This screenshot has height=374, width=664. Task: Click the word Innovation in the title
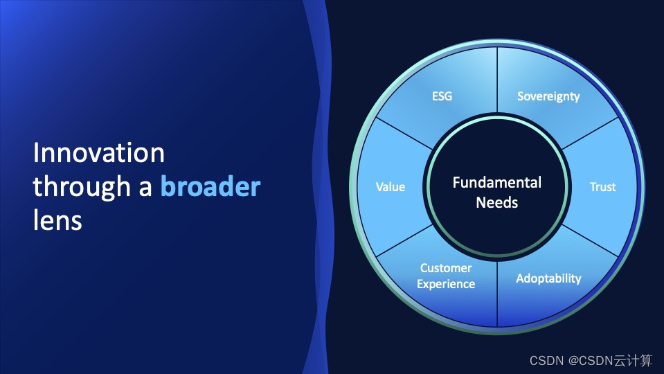coord(99,152)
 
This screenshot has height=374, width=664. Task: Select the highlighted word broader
coord(210,186)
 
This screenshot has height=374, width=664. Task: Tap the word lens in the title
coord(57,220)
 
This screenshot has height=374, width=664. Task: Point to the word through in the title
coord(82,187)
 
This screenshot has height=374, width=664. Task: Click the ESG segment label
coord(442,96)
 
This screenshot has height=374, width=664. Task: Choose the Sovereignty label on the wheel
coord(548,96)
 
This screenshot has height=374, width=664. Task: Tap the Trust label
coord(602,187)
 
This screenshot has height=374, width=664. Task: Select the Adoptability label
coord(548,278)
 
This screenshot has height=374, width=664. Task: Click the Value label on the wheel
coord(391,187)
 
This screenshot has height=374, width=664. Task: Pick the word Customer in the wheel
coord(446,268)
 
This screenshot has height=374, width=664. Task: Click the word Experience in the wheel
coord(446,284)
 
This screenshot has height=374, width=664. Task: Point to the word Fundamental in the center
coord(497,183)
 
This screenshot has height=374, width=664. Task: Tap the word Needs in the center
coord(497,202)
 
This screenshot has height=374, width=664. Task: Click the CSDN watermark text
coord(591,360)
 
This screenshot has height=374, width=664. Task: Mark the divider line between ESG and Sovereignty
coord(497,80)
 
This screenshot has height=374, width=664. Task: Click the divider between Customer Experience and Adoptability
coord(497,294)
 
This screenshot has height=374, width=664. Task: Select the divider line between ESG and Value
coord(404,134)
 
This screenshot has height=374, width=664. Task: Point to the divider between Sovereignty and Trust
coord(590,134)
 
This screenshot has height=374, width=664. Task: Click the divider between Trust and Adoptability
coord(590,240)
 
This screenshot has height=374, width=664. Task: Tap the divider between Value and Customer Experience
coord(404,240)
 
